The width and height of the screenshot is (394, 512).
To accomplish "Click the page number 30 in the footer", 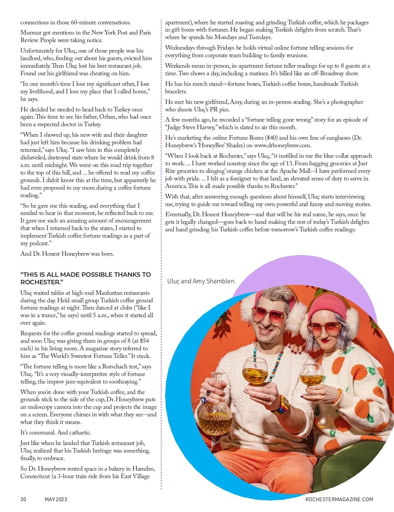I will pyautogui.click(x=23, y=499).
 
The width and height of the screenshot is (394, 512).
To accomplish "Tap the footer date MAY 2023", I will pyautogui.click(x=55, y=499).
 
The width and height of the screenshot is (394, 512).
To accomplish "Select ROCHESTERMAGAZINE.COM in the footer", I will pyautogui.click(x=339, y=499).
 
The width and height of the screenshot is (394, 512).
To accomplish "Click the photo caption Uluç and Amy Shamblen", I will pyautogui.click(x=202, y=281).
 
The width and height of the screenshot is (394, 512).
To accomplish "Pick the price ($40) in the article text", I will pyautogui.click(x=303, y=138).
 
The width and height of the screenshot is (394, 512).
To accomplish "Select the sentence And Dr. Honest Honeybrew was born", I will pyautogui.click(x=67, y=254).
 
